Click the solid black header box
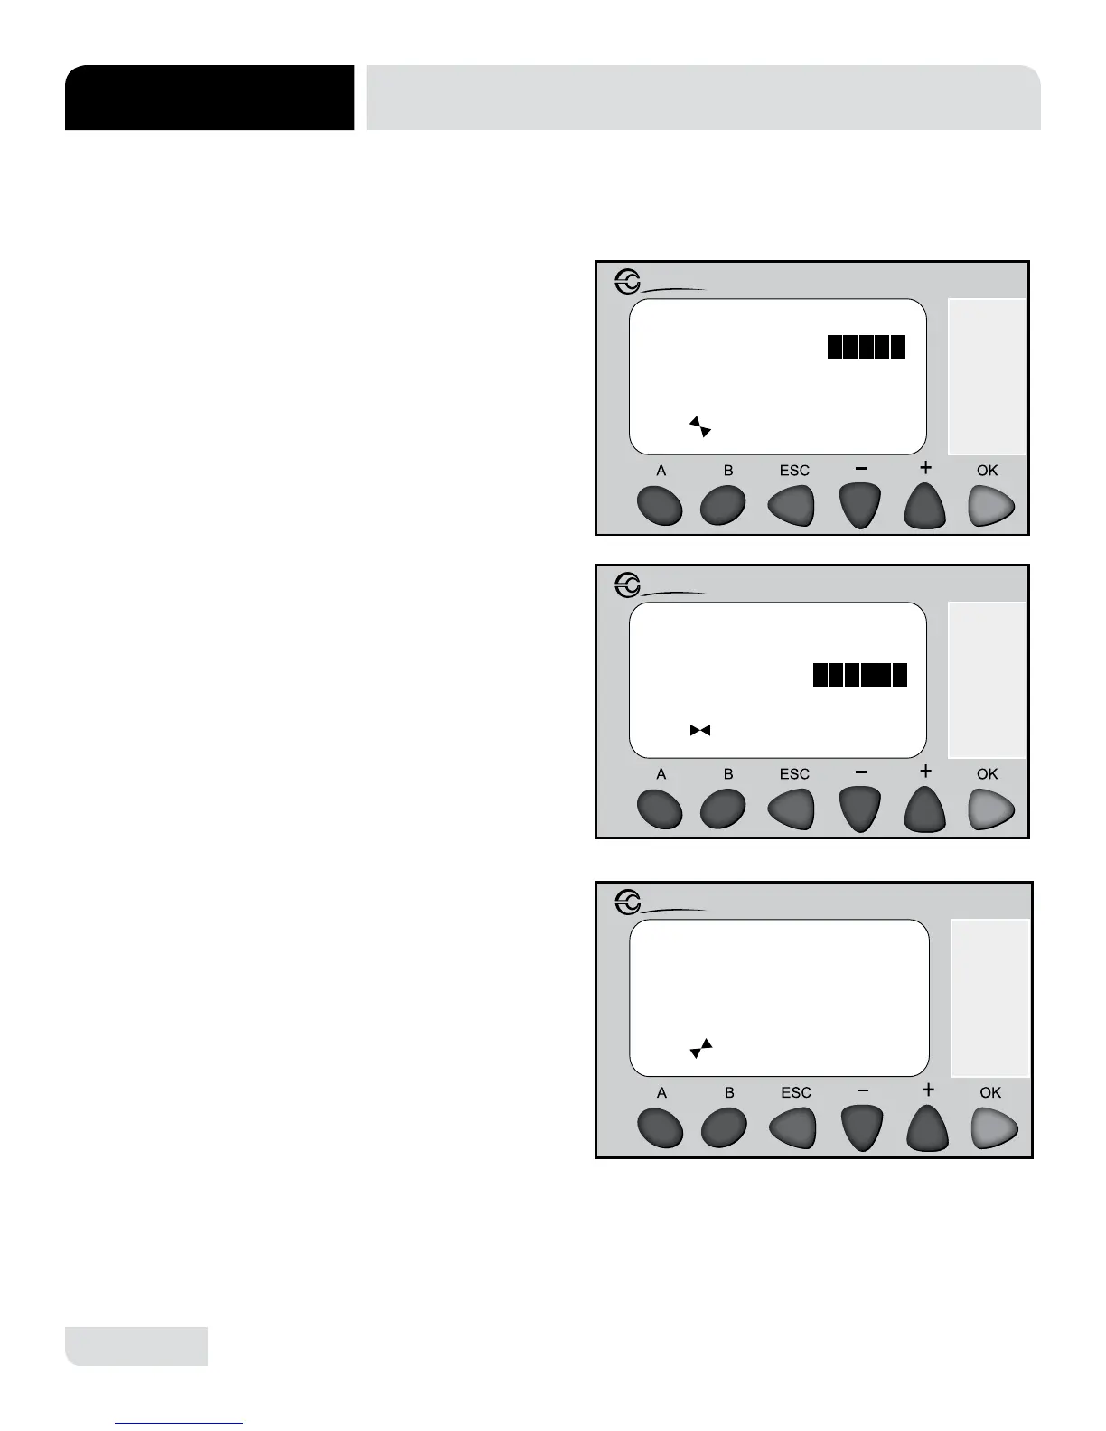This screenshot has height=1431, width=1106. click(x=209, y=98)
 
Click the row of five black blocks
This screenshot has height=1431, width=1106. click(x=866, y=347)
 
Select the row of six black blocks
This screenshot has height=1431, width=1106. click(x=859, y=675)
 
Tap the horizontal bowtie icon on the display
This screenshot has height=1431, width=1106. click(x=700, y=730)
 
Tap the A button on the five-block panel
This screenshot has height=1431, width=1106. click(x=660, y=506)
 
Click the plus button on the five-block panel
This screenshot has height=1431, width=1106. click(x=924, y=506)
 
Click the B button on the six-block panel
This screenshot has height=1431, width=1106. click(x=723, y=809)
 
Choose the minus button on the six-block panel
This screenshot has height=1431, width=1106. click(x=860, y=809)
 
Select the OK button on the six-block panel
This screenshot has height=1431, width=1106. click(x=991, y=809)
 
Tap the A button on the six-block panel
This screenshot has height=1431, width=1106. click(x=660, y=809)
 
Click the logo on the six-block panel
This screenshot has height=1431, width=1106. click(x=628, y=586)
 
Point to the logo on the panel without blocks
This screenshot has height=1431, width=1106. click(x=628, y=902)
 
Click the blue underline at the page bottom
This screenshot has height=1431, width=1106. click(x=179, y=1424)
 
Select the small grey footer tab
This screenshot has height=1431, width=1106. click(x=136, y=1346)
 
